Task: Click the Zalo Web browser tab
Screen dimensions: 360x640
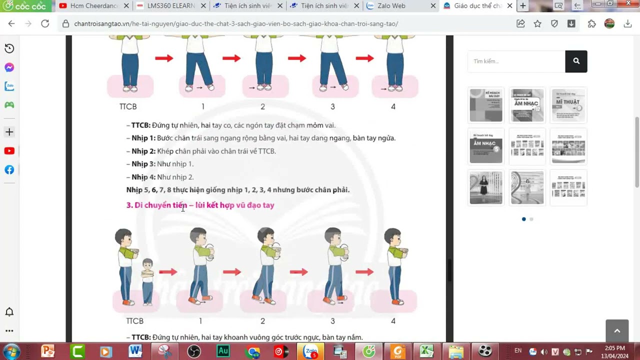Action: [x=392, y=6]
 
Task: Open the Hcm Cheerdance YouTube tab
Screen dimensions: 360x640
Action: [x=90, y=6]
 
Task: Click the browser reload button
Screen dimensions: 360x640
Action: [x=45, y=23]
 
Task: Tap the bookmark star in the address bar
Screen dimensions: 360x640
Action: [x=537, y=23]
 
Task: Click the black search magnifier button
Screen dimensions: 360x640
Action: [x=576, y=61]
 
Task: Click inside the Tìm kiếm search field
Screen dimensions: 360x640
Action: [x=515, y=61]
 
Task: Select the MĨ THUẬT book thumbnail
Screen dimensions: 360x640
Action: [x=567, y=105]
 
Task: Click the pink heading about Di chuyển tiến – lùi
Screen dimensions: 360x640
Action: [x=200, y=205]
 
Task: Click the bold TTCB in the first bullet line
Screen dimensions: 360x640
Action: [x=140, y=125]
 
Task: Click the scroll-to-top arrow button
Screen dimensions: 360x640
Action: [x=616, y=330]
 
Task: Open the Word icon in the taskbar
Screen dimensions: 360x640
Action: [x=135, y=351]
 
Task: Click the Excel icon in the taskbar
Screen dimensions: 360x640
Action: [x=426, y=351]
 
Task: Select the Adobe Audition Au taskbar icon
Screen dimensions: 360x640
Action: [x=223, y=351]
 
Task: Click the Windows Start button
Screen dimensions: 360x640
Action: [x=10, y=351]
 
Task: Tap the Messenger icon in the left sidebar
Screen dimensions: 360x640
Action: [x=9, y=67]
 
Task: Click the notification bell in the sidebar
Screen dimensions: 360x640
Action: [x=9, y=312]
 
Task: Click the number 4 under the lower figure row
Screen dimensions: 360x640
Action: [x=393, y=321]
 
